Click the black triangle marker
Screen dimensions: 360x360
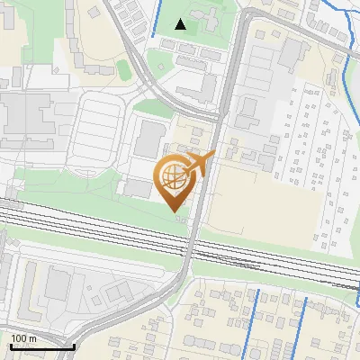[x=181, y=24]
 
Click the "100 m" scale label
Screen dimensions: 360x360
[x=24, y=338]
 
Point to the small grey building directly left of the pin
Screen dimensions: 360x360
[x=138, y=187]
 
